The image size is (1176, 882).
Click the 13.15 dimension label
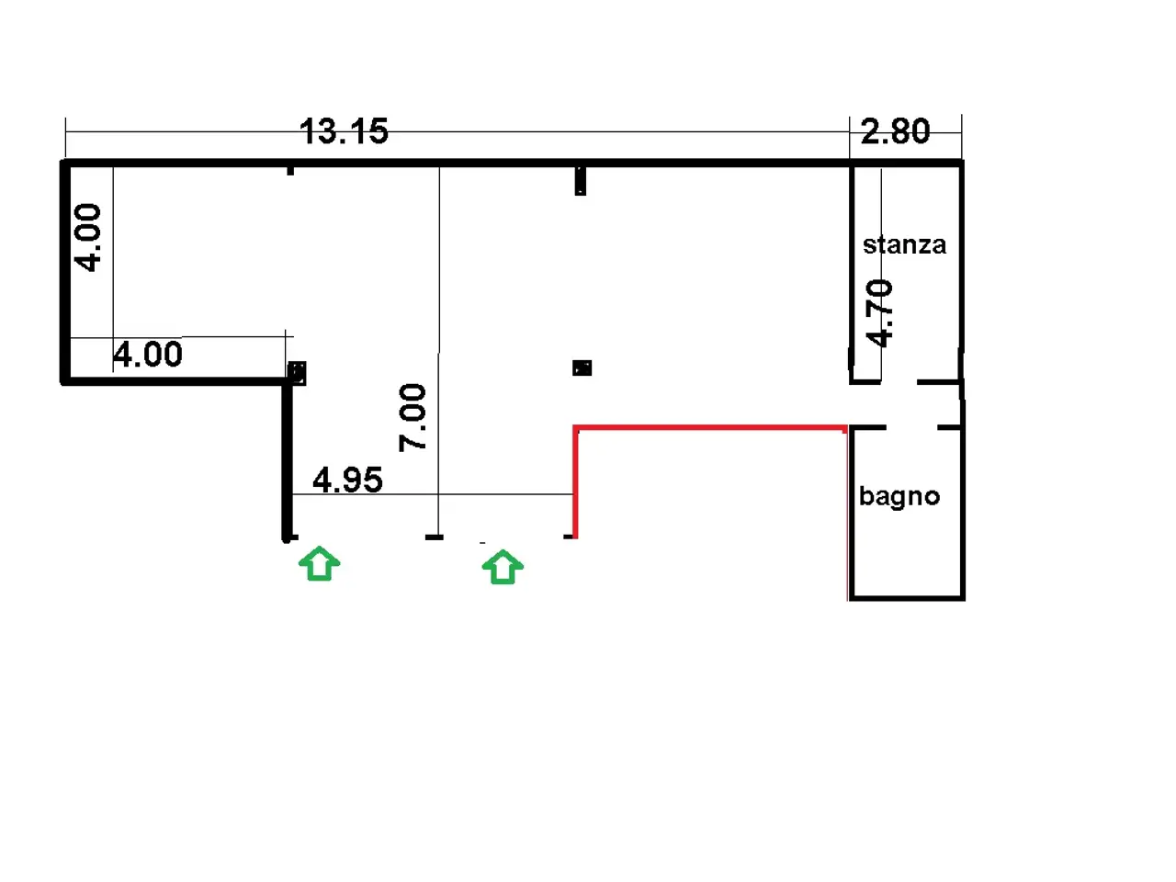coord(344,131)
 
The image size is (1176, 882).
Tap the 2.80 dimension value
coord(895,131)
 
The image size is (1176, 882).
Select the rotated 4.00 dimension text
coord(87,237)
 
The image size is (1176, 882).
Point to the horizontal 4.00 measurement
coord(148,354)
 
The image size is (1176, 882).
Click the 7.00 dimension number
coord(412,418)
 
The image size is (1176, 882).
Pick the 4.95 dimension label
coord(347,480)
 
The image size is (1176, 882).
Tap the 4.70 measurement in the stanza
coord(879,313)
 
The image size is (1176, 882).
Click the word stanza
coord(904,244)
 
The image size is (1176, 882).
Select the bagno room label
coord(899,496)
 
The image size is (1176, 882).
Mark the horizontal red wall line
coord(710,427)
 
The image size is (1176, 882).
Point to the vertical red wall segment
coord(575,482)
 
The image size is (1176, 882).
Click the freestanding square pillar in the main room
coord(582,367)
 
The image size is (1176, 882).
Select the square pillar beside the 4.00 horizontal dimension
coord(298,373)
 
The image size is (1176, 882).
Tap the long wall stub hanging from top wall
coord(581,181)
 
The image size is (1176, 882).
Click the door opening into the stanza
coord(899,382)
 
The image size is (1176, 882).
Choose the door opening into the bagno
coord(912,427)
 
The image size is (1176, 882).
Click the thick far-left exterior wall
coord(65,272)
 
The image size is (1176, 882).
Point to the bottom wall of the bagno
coord(907,597)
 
